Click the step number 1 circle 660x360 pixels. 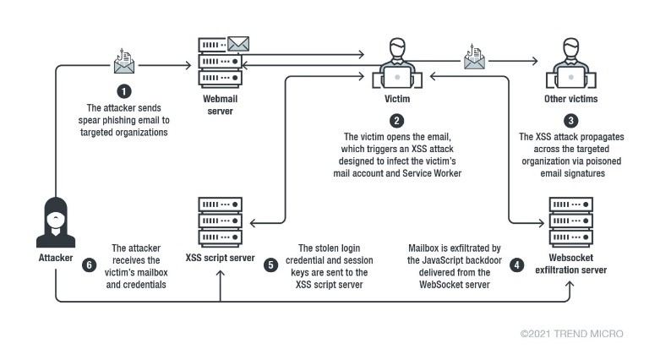point(125,91)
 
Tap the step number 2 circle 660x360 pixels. point(396,120)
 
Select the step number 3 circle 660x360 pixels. point(572,120)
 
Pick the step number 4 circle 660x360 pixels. point(517,265)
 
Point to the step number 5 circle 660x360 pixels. point(270,265)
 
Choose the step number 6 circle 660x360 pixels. point(90,265)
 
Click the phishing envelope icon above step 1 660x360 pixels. point(125,62)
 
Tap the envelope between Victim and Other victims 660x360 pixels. point(474,59)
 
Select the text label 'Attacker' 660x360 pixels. point(56,256)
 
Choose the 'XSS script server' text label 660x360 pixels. point(220,256)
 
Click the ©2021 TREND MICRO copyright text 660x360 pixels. point(572,335)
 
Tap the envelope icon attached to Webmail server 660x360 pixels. point(239,43)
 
